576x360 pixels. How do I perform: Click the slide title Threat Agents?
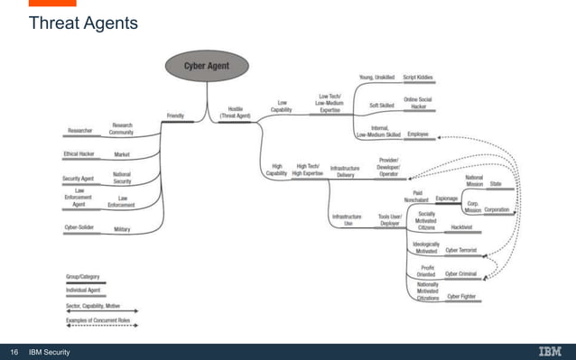point(83,22)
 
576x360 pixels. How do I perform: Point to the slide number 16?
point(14,351)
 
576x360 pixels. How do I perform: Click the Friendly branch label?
point(176,115)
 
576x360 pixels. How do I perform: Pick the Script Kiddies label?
point(418,78)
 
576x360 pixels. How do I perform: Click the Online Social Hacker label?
point(418,104)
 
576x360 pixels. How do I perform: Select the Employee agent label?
point(417,134)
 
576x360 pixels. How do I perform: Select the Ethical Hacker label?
point(79,154)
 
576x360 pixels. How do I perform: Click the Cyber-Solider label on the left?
point(81,228)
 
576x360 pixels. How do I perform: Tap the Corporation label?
point(497,208)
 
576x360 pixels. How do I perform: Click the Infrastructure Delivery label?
point(346,171)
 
